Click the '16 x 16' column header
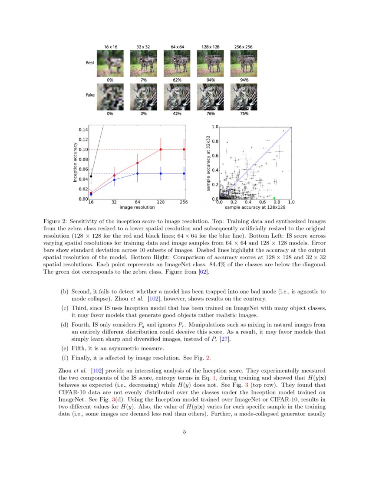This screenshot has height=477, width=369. (x=110, y=46)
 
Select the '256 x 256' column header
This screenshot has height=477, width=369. (x=244, y=46)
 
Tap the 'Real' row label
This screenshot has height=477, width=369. (x=90, y=63)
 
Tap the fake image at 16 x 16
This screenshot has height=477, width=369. (x=110, y=96)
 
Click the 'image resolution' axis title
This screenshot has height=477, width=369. (x=138, y=208)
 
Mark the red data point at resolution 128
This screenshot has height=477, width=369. (x=161, y=150)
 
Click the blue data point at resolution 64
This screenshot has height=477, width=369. (x=138, y=173)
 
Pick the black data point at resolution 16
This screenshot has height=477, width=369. (x=91, y=176)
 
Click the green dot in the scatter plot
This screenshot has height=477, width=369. (x=274, y=198)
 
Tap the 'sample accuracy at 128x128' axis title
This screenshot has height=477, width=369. (x=255, y=208)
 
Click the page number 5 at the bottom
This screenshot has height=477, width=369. (x=184, y=431)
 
